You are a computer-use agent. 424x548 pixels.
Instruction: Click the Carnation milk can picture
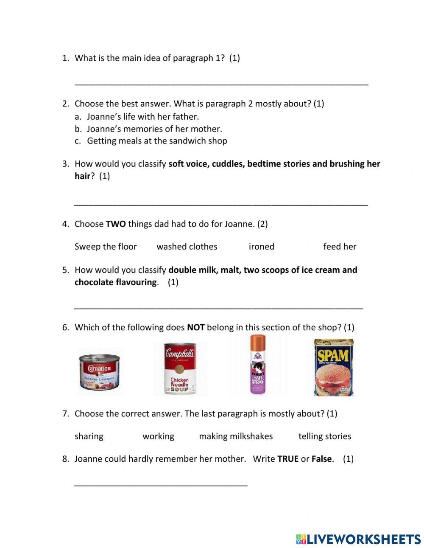100,372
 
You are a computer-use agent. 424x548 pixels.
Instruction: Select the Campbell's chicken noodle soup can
180,369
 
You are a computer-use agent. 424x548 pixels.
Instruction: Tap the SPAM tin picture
333,368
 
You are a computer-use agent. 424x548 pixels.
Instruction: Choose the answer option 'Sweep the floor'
106,247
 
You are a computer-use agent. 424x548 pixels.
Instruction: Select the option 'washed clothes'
187,247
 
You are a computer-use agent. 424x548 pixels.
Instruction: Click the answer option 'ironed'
261,247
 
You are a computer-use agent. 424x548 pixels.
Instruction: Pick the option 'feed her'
340,247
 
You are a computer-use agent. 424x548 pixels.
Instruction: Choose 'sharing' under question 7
89,436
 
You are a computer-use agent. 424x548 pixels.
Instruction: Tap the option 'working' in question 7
158,436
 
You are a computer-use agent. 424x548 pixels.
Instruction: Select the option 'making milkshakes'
236,436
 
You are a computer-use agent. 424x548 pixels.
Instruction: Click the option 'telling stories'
325,436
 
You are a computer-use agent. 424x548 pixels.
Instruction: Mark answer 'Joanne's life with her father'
142,117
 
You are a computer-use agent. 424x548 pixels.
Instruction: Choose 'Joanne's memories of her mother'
154,129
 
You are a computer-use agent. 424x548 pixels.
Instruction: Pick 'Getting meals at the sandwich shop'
157,141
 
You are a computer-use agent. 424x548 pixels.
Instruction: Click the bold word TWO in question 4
115,224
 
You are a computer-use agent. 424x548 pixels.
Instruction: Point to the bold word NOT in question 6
195,327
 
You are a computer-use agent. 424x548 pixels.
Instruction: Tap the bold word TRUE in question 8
288,459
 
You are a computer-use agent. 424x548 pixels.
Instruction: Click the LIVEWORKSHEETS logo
358,539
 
